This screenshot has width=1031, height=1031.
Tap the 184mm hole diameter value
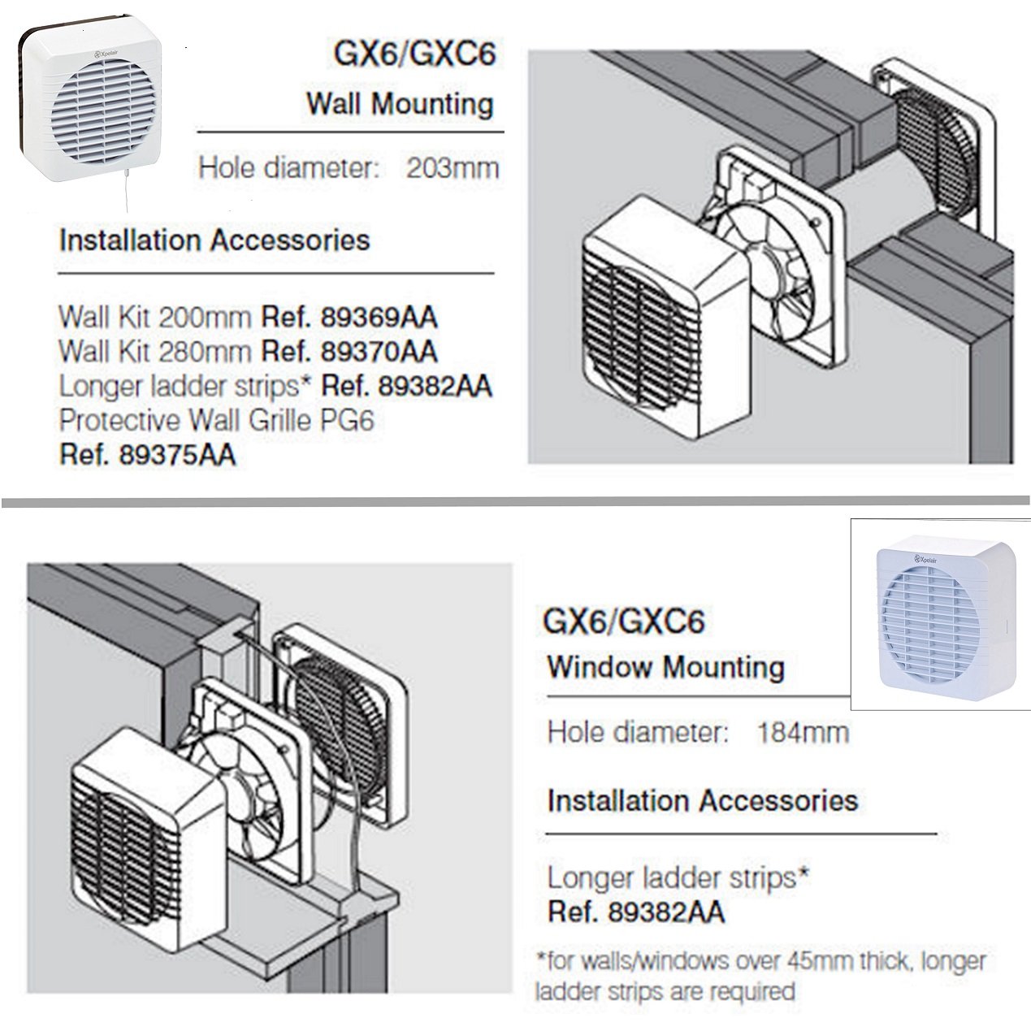point(803,732)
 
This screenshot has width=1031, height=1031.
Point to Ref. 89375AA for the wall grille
point(147,455)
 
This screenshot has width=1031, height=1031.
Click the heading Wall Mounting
point(399,104)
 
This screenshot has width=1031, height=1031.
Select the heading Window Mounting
point(665,666)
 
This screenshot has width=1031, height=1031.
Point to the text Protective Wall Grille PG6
point(216,420)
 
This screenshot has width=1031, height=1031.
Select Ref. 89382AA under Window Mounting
point(635,912)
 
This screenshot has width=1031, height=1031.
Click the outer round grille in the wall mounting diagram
point(934,154)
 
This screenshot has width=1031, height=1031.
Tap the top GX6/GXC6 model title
point(414,54)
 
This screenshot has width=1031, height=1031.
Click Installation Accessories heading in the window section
point(702,800)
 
